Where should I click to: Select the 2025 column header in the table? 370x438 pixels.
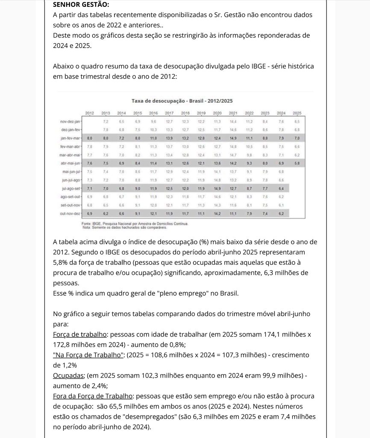pos(297,113)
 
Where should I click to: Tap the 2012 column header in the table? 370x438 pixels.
pos(90,113)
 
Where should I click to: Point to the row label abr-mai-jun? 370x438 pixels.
pos(70,163)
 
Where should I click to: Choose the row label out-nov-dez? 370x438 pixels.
pos(70,213)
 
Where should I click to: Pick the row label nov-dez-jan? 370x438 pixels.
pos(70,122)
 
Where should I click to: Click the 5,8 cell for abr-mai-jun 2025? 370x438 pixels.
pos(297,163)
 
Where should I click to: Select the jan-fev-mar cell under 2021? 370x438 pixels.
pos(233,139)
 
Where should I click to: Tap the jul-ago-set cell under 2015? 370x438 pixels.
pos(138,188)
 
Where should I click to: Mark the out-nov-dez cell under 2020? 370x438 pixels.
pos(217,213)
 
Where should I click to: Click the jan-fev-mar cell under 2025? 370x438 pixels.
pos(297,139)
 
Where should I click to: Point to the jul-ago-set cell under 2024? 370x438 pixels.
pos(281,188)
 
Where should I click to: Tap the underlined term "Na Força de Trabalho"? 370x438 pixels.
pos(88,355)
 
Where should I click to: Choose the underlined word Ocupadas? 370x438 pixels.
pos(68,375)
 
